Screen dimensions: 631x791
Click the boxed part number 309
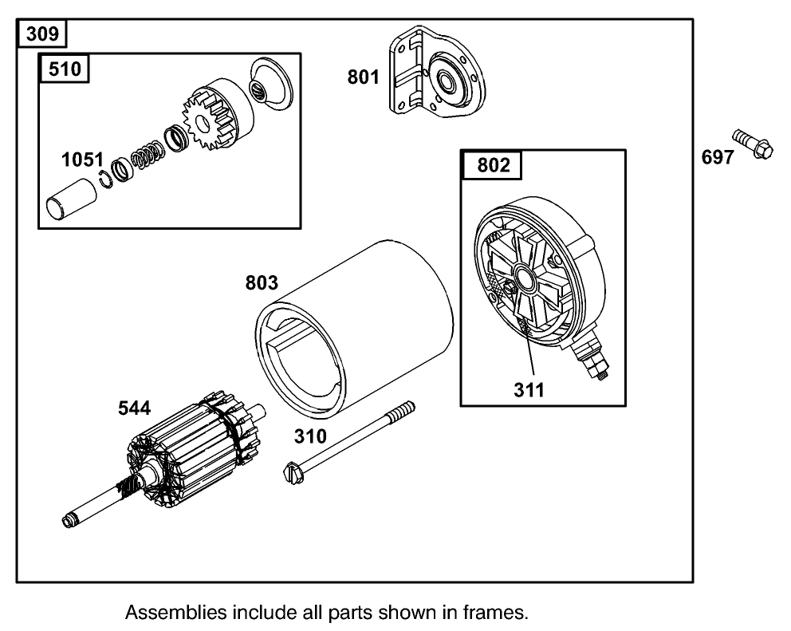coord(42,34)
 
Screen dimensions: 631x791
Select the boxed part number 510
coord(65,69)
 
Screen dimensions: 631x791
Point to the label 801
coord(363,77)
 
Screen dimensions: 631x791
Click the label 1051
coord(82,160)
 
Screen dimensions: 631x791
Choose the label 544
coord(133,408)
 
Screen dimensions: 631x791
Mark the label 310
coord(309,436)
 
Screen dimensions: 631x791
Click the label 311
coord(528,390)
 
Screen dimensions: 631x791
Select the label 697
coord(718,158)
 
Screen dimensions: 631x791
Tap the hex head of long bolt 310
coord(292,473)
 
